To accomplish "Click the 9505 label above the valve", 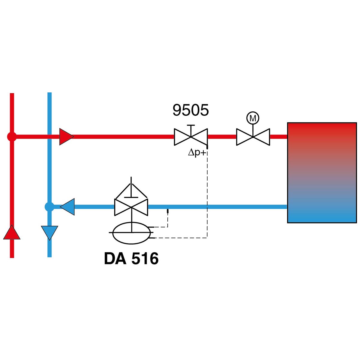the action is (x=190, y=110).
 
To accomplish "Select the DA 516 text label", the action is (x=131, y=258).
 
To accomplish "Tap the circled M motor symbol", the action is (x=253, y=118).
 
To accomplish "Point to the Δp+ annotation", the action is (x=197, y=153).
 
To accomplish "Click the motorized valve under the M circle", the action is (x=253, y=137).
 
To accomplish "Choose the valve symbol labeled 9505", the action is (x=191, y=137).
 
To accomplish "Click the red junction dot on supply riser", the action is (x=12, y=137).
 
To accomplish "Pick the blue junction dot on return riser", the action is (x=49, y=207).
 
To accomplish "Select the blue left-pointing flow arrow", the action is (x=67, y=207).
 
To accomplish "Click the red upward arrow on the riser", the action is (x=12, y=232).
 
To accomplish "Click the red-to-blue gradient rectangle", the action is (x=322, y=172).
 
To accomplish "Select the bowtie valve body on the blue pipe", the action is (x=131, y=207).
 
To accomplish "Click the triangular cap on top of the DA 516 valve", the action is (x=131, y=190).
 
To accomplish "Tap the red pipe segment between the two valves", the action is (x=222, y=137).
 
